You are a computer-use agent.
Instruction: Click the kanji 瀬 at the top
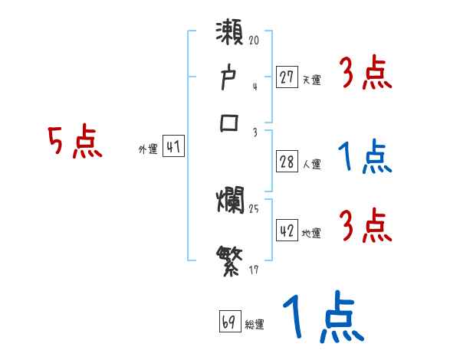[x=230, y=34]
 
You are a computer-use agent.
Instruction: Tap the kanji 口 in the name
[x=230, y=122]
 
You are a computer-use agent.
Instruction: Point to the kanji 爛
[x=230, y=203]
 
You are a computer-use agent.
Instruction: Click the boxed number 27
[x=287, y=77]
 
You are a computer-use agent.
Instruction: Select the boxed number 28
[x=287, y=162]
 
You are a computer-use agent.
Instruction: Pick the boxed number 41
[x=173, y=148]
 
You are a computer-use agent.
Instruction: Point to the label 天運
[x=310, y=80]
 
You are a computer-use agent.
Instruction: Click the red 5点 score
[x=74, y=143]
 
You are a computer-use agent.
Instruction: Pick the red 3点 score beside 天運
[x=366, y=74]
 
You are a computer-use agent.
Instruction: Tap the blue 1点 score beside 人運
[x=366, y=159]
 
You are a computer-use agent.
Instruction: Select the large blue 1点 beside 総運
[x=322, y=318]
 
